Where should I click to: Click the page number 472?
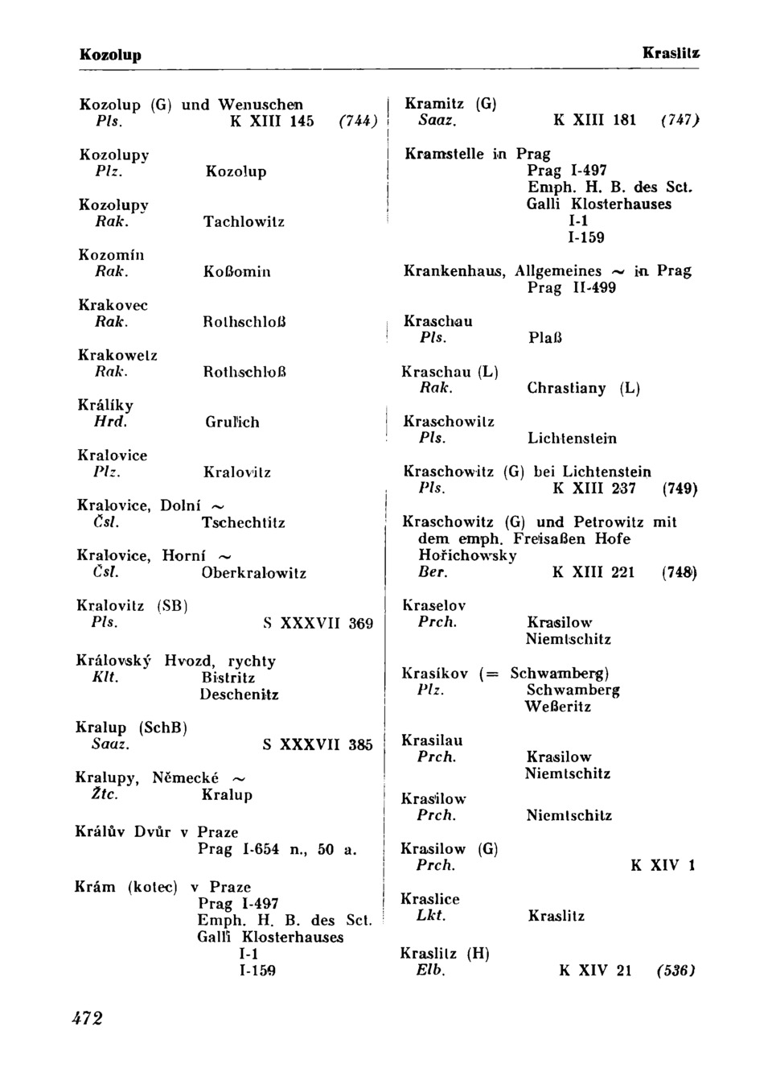(x=88, y=1018)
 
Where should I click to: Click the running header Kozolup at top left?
(x=110, y=55)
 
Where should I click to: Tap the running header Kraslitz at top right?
(x=671, y=53)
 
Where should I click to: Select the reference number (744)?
(x=358, y=122)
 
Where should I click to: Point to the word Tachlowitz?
(x=244, y=221)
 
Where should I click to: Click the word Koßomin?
(x=237, y=272)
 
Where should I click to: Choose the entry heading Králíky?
(x=105, y=406)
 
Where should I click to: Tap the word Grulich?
(x=232, y=422)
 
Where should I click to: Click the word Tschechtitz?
(x=243, y=522)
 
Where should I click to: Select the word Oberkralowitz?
(x=253, y=573)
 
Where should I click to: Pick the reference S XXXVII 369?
(x=318, y=624)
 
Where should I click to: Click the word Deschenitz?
(x=239, y=695)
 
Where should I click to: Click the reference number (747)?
(x=680, y=121)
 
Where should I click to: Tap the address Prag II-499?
(x=572, y=287)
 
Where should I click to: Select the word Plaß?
(x=545, y=338)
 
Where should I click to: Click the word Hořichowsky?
(x=467, y=555)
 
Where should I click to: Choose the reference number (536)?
(x=675, y=971)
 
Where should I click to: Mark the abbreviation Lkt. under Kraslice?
(x=431, y=916)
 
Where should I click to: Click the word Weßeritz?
(x=558, y=707)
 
